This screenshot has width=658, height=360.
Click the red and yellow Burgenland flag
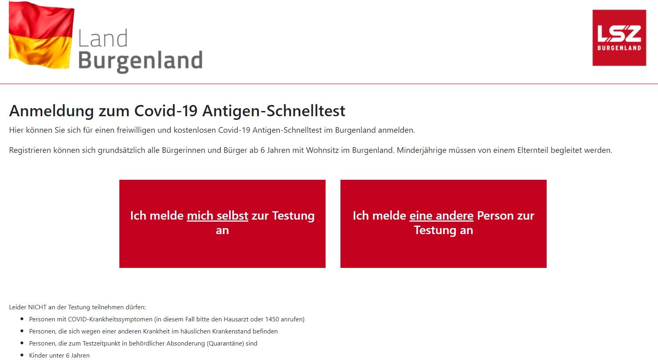pos(41,35)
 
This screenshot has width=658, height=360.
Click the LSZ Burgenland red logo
pos(619,38)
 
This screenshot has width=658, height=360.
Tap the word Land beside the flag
pos(103,38)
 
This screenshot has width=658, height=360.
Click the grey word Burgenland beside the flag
pos(140,61)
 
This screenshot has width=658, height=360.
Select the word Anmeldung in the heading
pos(51,111)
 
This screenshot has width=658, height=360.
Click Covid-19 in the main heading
pos(166,111)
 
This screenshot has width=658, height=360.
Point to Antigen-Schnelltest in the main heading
pos(274,111)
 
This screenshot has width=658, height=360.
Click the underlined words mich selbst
pos(218,216)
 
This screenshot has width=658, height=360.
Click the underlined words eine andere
pos(441,216)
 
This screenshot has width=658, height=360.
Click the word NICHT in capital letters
pos(37,307)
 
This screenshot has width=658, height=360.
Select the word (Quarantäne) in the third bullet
pos(226,343)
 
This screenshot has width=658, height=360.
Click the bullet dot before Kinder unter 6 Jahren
pos(22,355)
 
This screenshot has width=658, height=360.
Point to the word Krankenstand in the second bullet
pos(231,331)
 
